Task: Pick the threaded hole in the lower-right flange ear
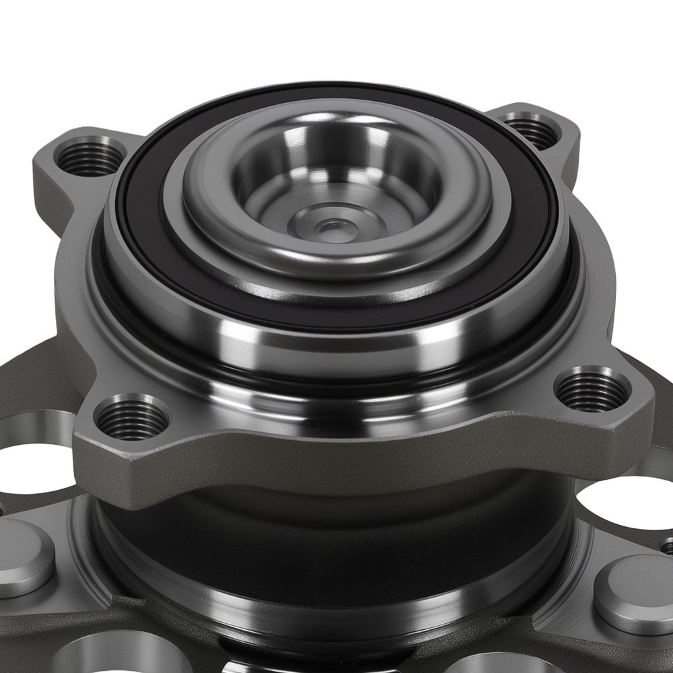click(593, 390)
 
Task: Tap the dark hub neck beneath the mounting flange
click(323, 532)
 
